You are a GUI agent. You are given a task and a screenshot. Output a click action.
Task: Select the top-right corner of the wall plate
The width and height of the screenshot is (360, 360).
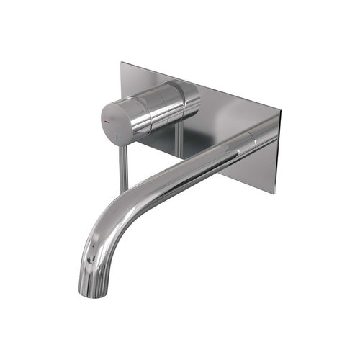[x=280, y=112]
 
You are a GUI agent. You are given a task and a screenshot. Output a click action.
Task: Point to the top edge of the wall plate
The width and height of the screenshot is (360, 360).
[x=202, y=87]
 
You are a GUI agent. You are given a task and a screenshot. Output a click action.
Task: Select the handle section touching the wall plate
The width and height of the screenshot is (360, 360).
[x=189, y=97]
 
